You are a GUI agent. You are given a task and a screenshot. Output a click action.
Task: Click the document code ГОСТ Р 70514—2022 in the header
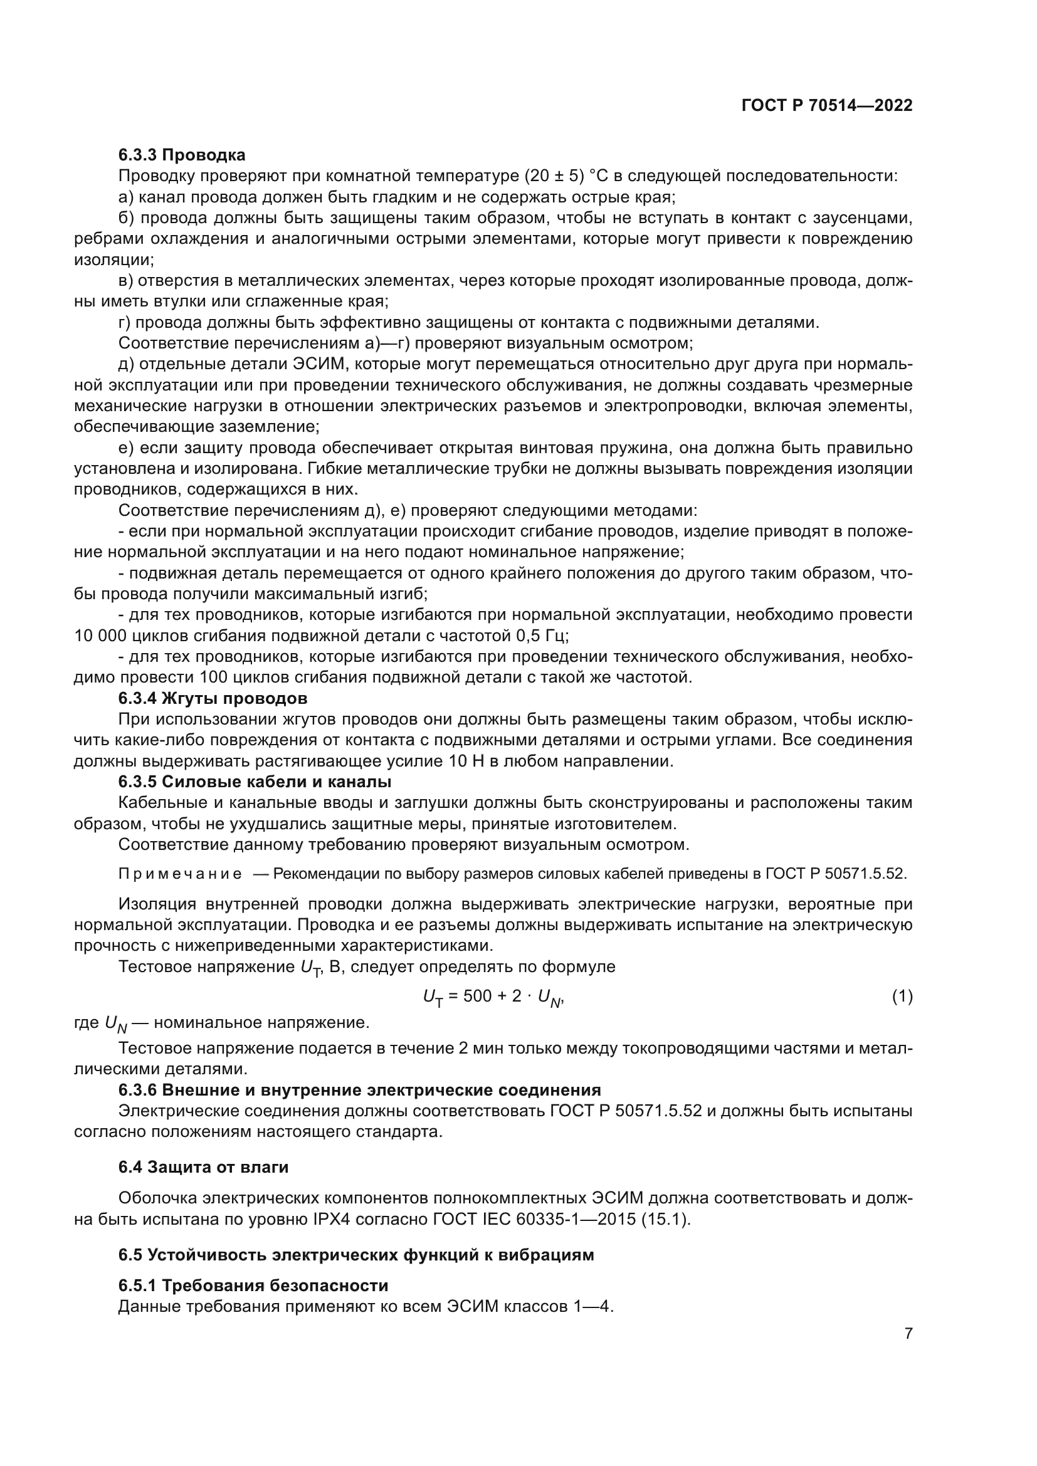point(827,106)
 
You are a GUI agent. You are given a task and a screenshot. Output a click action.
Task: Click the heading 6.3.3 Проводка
point(182,155)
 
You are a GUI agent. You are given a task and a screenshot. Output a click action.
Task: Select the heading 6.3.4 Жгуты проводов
point(213,698)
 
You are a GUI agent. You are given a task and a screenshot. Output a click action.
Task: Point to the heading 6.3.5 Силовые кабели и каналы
point(255,782)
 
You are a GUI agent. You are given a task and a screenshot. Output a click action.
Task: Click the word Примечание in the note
point(180,874)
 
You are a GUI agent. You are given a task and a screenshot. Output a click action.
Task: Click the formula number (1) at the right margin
point(902,996)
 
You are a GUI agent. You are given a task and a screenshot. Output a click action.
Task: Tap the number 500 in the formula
point(477,996)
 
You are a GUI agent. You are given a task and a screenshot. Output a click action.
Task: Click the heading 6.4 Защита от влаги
point(204,1167)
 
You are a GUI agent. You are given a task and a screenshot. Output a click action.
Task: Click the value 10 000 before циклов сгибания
point(100,636)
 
